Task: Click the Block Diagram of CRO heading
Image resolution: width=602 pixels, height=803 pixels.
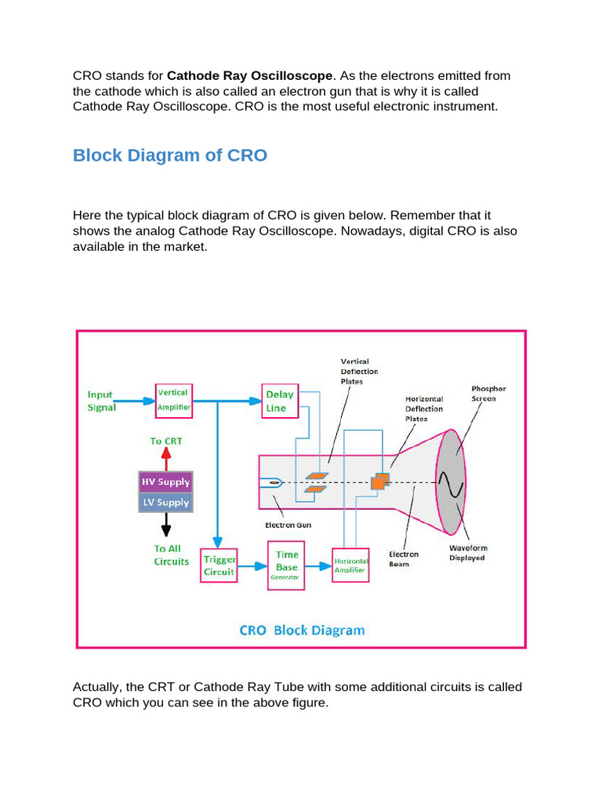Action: tap(170, 155)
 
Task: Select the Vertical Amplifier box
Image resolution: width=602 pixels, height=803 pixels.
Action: tap(173, 400)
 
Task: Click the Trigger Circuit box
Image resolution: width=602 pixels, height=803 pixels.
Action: tap(219, 565)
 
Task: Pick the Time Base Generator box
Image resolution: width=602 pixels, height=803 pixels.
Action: tap(286, 565)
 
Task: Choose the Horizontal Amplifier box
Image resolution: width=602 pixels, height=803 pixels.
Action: tap(351, 566)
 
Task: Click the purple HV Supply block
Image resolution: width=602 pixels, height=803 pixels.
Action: tap(165, 481)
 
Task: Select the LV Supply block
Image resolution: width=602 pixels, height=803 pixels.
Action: tap(165, 502)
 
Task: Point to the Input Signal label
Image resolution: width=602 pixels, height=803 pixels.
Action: tap(102, 401)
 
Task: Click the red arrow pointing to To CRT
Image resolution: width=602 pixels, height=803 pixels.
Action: tap(165, 460)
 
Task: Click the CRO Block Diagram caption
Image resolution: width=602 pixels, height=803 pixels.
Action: tap(302, 630)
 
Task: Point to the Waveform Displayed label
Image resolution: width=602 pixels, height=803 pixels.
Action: tap(467, 553)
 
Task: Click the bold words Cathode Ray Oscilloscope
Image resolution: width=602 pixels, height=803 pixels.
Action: tap(251, 76)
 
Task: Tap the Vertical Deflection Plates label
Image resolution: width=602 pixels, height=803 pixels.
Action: tap(359, 371)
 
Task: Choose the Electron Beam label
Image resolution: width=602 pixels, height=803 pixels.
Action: tap(404, 558)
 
